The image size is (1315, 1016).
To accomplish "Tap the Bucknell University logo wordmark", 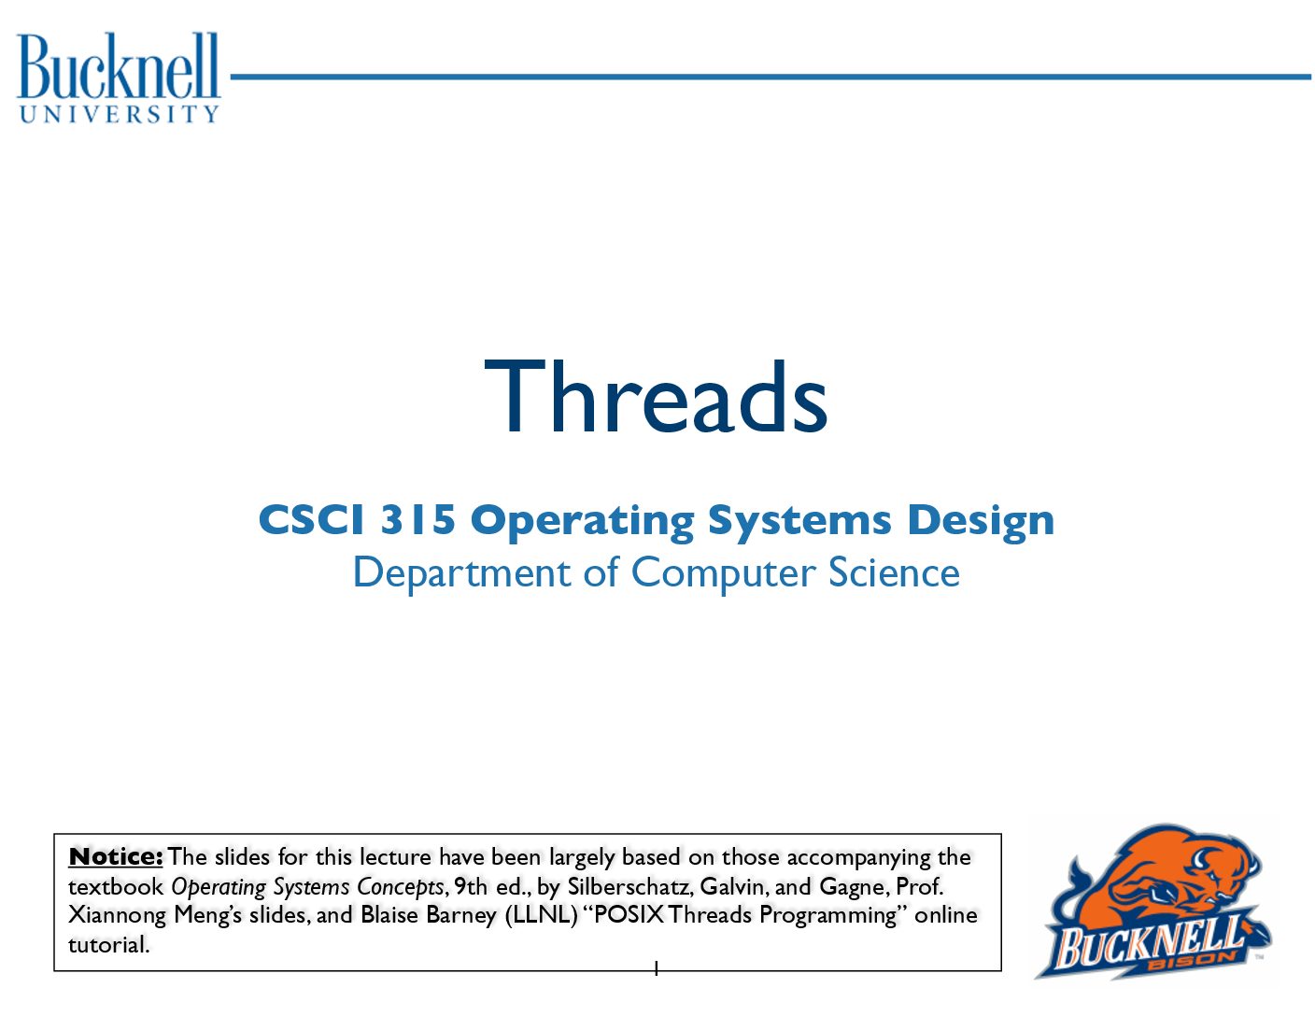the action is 118,77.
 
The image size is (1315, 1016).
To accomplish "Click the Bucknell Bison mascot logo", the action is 1153,901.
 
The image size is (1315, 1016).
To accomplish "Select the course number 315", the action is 417,519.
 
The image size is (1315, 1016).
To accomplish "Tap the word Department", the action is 461,573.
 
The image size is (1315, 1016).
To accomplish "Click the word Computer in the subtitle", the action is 723,573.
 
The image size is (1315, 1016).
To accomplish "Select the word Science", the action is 895,571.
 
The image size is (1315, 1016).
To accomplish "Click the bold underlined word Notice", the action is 116,857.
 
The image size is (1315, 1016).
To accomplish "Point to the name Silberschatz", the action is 630,886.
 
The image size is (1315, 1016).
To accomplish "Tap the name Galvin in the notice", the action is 734,886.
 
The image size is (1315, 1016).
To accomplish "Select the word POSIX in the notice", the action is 629,914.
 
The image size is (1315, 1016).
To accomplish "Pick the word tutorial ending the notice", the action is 108,944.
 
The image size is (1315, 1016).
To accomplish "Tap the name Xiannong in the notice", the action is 117,915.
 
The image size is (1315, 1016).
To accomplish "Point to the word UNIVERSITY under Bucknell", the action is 119,114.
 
